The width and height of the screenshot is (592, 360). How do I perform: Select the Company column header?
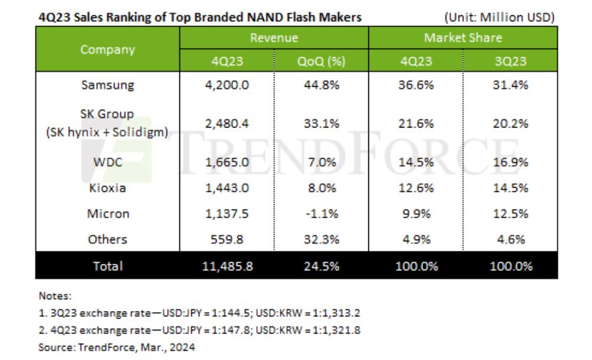(107, 50)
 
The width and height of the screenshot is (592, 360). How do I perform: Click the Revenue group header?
(274, 38)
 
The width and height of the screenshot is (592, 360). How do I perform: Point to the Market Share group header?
(463, 38)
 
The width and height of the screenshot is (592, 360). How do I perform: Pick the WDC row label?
(107, 163)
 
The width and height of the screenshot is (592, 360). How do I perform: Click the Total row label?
(107, 266)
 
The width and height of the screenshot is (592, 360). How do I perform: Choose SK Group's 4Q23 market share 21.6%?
(416, 124)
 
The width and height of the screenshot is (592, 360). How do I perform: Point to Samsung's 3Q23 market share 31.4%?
(511, 85)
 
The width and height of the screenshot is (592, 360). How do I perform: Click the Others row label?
(107, 240)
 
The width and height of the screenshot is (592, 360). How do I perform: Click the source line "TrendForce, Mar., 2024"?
(116, 348)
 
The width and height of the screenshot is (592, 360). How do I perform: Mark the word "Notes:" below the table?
(54, 295)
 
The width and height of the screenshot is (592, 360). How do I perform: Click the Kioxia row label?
(107, 189)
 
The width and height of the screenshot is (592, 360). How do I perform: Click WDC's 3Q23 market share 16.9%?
(511, 163)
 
